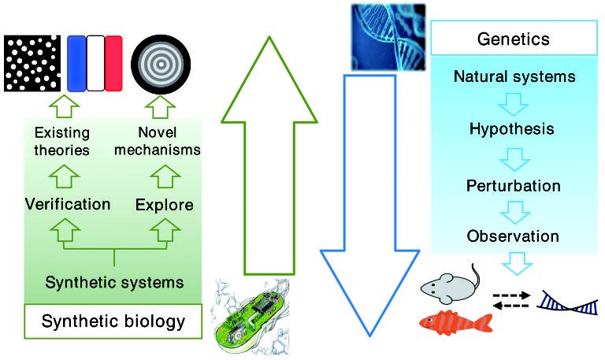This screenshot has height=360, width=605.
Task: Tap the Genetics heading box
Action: pyautogui.click(x=514, y=39)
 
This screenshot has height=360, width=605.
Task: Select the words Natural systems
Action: pyautogui.click(x=514, y=77)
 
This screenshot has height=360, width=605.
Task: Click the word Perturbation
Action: pyautogui.click(x=513, y=186)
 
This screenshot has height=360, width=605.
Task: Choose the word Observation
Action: pyautogui.click(x=513, y=236)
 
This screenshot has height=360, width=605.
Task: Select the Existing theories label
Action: pyautogui.click(x=63, y=140)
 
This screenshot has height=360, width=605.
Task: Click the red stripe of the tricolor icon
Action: pyautogui.click(x=114, y=63)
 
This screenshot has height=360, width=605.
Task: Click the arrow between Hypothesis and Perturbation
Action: pyautogui.click(x=513, y=157)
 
